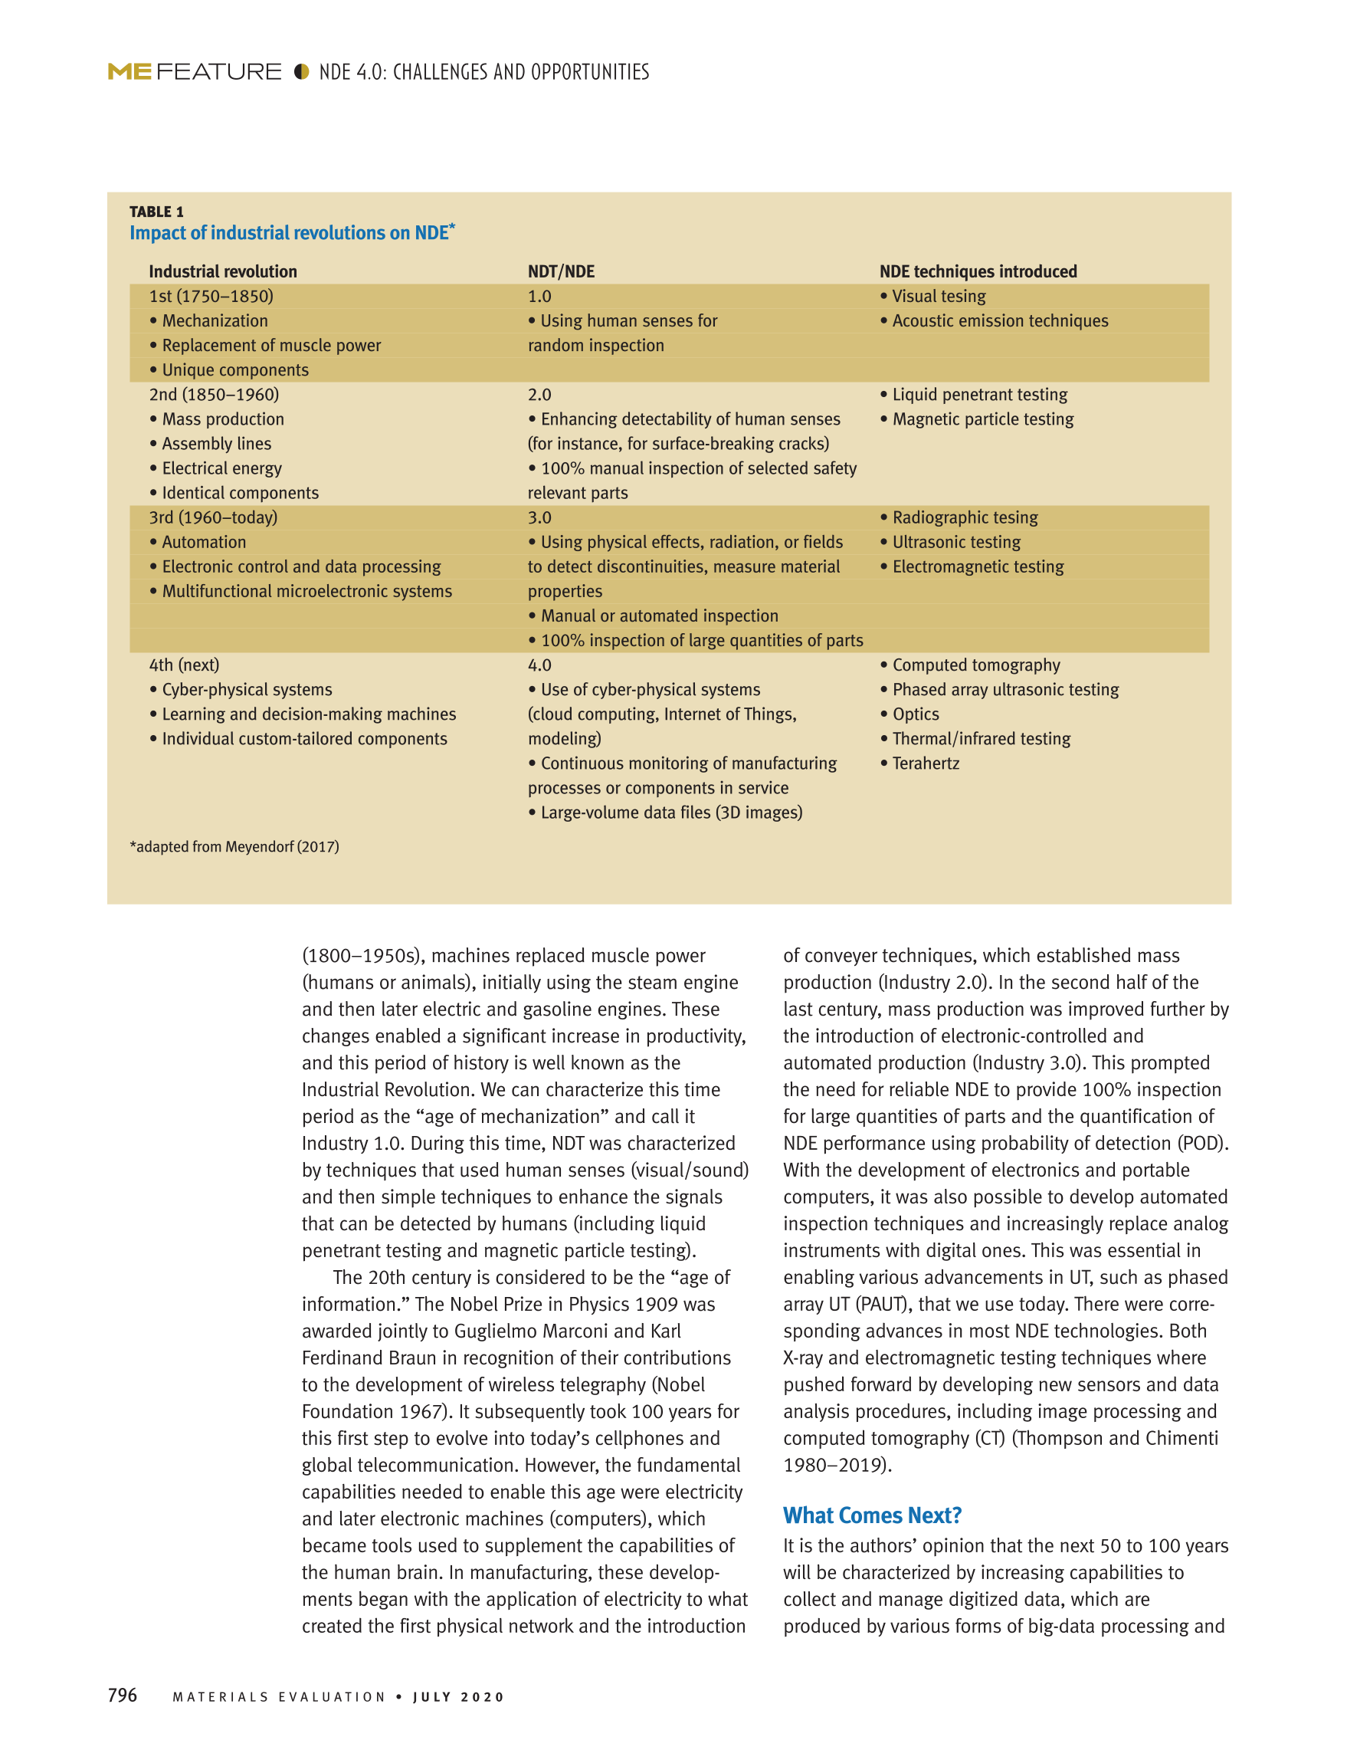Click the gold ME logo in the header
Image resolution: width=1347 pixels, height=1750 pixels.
[x=129, y=72]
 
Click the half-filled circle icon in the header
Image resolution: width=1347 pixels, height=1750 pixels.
[x=301, y=72]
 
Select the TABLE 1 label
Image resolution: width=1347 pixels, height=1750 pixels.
[x=157, y=212]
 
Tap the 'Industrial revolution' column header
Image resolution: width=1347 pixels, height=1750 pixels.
[x=223, y=271]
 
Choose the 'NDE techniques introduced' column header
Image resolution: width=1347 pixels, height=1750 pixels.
[x=978, y=271]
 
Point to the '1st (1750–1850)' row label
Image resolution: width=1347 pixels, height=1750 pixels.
[x=211, y=297]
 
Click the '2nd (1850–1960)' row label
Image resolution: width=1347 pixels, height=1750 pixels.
[x=214, y=395]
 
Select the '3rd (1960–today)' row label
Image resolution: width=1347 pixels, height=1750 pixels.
[x=213, y=517]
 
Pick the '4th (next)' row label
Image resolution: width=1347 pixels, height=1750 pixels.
[x=184, y=665]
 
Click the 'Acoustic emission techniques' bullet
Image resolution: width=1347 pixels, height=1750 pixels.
[x=999, y=321]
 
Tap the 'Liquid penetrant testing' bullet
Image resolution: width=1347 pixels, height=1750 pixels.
[x=979, y=395]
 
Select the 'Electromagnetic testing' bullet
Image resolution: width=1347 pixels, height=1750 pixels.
[x=978, y=567]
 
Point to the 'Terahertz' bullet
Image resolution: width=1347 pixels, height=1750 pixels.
[x=925, y=763]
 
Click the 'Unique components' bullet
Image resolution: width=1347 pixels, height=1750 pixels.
[x=234, y=370]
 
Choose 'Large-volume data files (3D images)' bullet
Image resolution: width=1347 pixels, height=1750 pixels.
[x=670, y=813]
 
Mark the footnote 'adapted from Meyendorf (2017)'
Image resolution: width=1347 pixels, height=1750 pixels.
[x=234, y=847]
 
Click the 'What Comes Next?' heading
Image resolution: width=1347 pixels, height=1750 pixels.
[x=872, y=1515]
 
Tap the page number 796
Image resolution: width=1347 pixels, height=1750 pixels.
[x=123, y=1695]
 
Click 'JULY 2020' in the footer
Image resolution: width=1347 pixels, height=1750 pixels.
[x=459, y=1697]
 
